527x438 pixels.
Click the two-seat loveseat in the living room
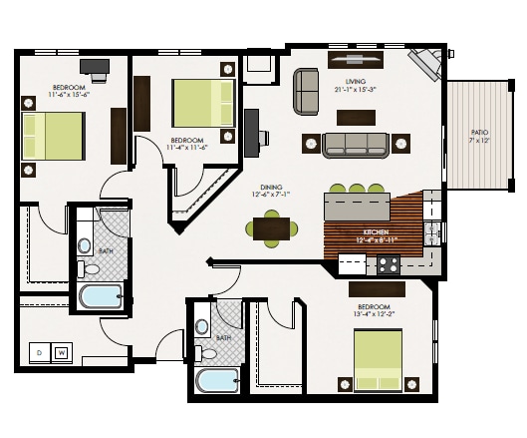(x=305, y=91)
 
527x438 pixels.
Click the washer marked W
(x=61, y=352)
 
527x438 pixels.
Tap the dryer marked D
(x=39, y=352)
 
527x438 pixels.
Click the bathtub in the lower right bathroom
(x=217, y=381)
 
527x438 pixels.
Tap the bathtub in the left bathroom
(x=100, y=297)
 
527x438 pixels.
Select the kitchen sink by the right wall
(x=430, y=235)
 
